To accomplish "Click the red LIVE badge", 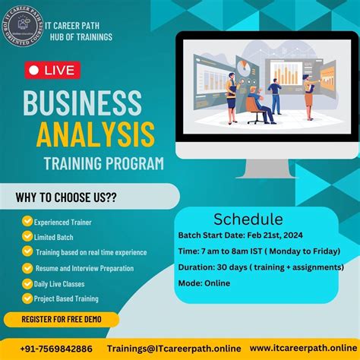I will pyautogui.click(x=52, y=71).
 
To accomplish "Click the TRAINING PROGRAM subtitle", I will pyautogui.click(x=103, y=163).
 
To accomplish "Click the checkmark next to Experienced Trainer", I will pyautogui.click(x=27, y=222).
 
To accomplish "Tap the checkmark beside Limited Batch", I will pyautogui.click(x=27, y=237).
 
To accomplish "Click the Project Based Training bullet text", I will pyautogui.click(x=67, y=298).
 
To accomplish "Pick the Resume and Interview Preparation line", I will pyautogui.click(x=84, y=268).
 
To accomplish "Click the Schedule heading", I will pyautogui.click(x=248, y=219).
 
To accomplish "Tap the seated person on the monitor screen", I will pyautogui.click(x=262, y=107).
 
